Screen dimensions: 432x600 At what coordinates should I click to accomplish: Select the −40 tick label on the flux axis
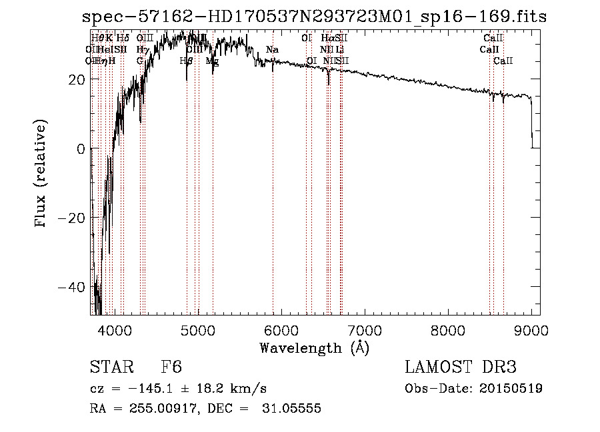pos(74,287)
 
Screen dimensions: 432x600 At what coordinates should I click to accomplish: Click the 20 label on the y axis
pos(77,80)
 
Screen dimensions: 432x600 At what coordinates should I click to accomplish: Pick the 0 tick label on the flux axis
pos(81,149)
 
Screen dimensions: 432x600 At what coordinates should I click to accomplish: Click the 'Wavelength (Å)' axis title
pos(314,347)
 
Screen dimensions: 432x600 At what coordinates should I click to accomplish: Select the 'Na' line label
pos(272,50)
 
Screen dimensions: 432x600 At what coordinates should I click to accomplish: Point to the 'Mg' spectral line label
pos(212,61)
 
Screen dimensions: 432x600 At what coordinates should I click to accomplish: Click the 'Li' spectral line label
pos(340,50)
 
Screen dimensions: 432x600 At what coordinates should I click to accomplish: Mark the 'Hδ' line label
pos(123,39)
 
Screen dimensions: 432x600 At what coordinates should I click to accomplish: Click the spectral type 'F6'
pos(171,367)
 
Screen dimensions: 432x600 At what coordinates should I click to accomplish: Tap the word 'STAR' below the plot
pos(111,367)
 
